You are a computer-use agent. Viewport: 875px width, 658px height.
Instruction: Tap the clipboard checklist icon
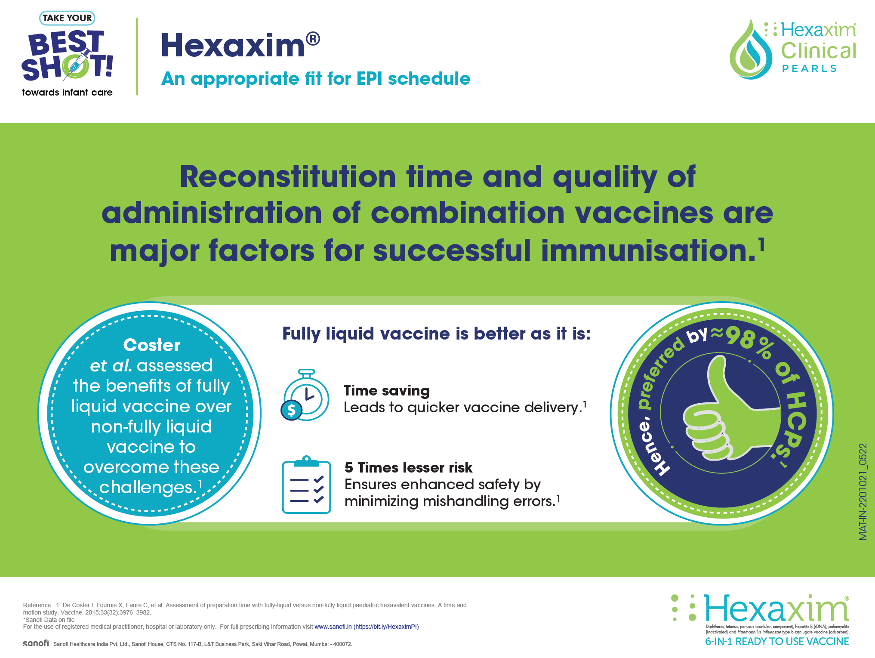click(306, 485)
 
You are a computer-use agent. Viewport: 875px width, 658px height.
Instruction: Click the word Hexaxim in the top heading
click(233, 45)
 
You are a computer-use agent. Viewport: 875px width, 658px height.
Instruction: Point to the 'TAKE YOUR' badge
click(67, 18)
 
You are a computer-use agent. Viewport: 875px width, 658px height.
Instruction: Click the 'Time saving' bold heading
click(387, 390)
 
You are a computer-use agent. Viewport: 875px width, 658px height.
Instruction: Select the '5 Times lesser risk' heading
click(408, 467)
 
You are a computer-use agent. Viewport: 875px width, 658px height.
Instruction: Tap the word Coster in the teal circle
click(151, 345)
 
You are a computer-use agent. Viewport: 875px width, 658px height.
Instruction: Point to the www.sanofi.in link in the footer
click(333, 627)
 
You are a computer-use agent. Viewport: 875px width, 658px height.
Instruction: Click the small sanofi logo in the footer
click(36, 643)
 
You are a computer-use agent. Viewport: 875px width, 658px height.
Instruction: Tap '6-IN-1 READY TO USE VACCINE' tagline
click(777, 642)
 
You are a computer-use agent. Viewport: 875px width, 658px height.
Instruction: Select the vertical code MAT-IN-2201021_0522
click(863, 492)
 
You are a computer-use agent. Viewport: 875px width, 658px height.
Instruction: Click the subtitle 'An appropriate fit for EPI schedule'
click(316, 79)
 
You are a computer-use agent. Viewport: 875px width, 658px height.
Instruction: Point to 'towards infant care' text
click(67, 92)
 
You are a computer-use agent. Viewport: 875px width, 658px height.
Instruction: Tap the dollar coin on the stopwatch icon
click(292, 410)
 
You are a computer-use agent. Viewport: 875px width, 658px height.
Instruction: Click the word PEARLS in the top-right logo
click(809, 69)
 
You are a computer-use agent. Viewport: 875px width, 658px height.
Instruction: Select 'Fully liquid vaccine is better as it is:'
click(437, 334)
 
